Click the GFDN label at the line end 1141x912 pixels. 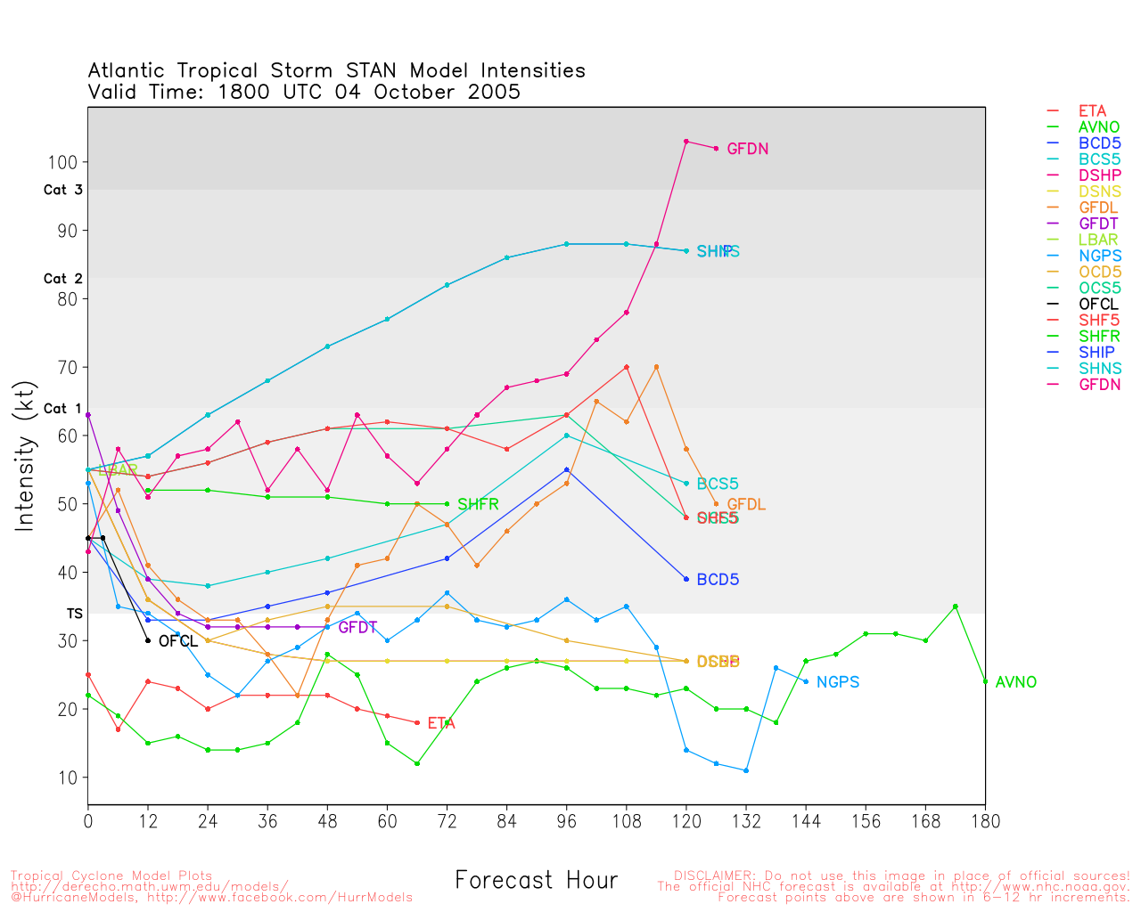tap(747, 150)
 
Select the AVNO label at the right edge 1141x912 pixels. tap(1015, 682)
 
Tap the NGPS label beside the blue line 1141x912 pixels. tap(837, 682)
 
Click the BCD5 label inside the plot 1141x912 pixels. tap(717, 580)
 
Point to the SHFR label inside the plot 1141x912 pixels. tap(478, 505)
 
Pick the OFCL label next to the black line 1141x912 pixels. tap(177, 641)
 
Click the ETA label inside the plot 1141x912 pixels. tap(440, 723)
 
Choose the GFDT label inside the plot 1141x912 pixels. tap(357, 628)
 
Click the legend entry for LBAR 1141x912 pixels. tap(1097, 240)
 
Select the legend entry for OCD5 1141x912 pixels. tap(1099, 272)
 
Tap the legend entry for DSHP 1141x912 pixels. tap(1099, 175)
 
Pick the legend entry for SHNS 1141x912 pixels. tap(1099, 368)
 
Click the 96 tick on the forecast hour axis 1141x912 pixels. tap(566, 821)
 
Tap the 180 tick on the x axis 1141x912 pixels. tap(985, 821)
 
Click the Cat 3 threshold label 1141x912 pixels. tap(62, 190)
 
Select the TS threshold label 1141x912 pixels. tap(74, 614)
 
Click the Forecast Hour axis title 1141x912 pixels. tap(536, 881)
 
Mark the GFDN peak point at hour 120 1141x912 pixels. tap(685, 142)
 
